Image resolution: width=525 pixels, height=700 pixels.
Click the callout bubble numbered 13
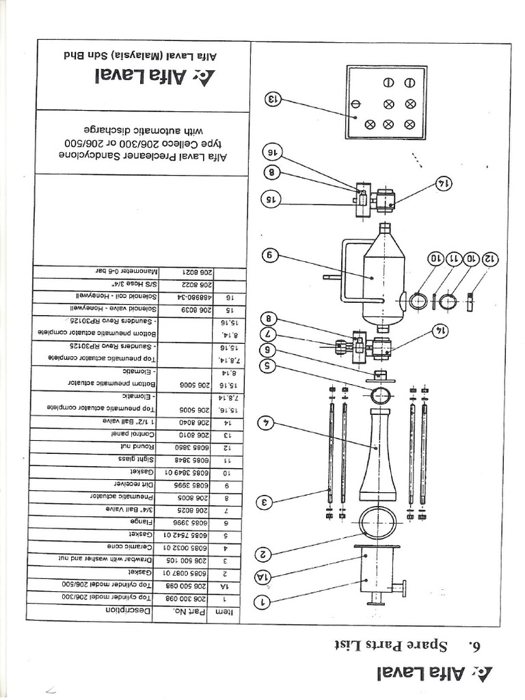coord(273,99)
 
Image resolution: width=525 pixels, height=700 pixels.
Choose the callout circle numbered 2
coord(262,553)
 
